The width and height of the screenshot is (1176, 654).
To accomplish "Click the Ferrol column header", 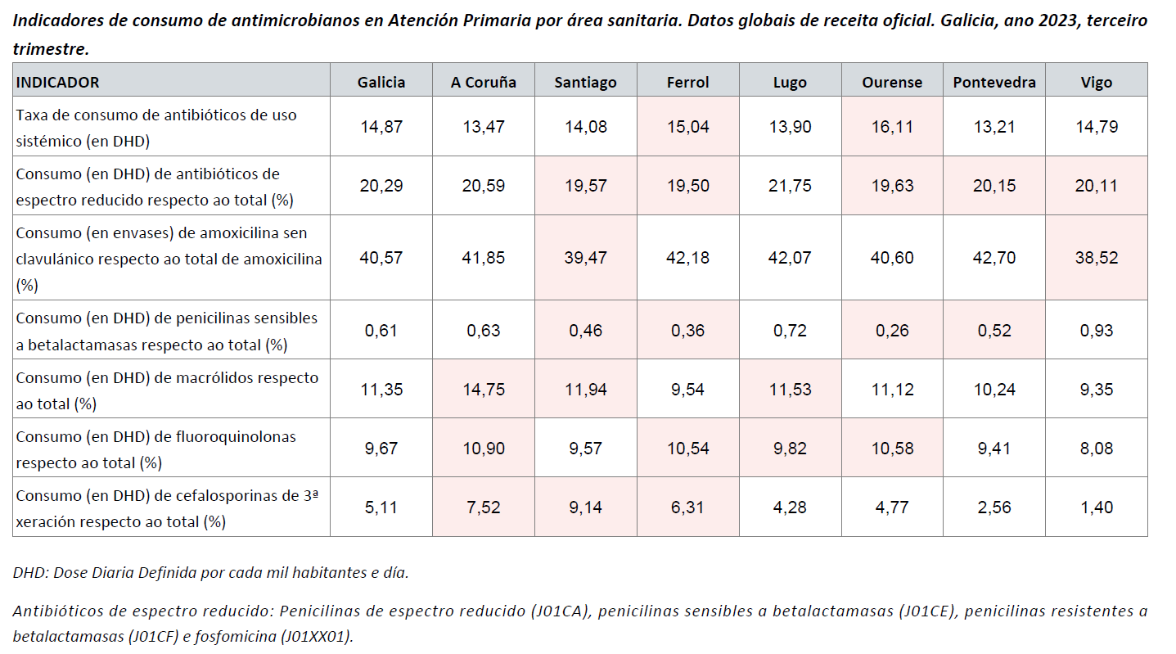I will tap(687, 82).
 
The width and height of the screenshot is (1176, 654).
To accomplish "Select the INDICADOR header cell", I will tap(58, 82).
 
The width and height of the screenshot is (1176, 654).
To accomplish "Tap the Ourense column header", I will tap(891, 82).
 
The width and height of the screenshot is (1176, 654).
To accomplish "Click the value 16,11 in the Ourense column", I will tap(891, 127).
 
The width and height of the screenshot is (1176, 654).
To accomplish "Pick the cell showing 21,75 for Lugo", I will tap(790, 186).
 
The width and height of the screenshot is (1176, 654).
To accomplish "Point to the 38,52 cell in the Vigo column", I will tap(1096, 258).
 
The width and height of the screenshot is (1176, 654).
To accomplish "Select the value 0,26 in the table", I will tap(891, 331).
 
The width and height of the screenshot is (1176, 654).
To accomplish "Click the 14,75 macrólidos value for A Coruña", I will tap(483, 390).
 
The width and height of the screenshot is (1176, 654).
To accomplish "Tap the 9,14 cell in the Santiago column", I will tap(585, 507).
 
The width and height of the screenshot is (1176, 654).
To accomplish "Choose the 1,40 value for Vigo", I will tap(1096, 507).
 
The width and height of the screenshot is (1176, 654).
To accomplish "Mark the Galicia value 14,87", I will tap(381, 127).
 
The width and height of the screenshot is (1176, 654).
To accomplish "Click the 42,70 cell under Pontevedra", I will tap(994, 258).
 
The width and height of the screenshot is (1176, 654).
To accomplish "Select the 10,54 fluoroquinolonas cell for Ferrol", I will tap(687, 449).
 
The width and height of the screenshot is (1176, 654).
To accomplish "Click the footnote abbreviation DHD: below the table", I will tap(30, 573).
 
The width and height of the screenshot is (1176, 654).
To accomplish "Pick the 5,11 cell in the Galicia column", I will tap(381, 507).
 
